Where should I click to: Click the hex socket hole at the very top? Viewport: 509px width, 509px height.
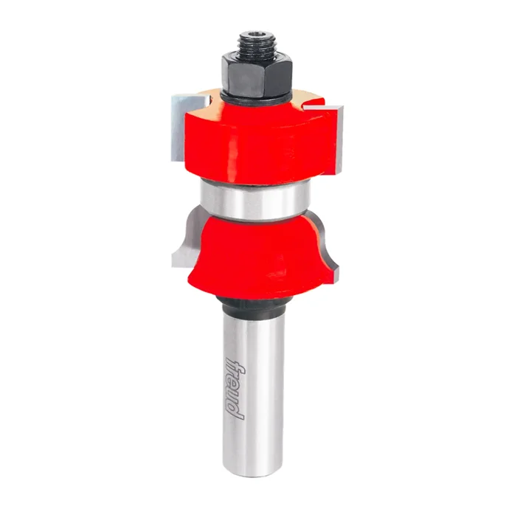[x=257, y=33]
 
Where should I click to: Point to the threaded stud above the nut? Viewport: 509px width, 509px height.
[x=257, y=45]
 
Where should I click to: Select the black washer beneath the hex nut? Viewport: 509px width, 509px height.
[x=254, y=98]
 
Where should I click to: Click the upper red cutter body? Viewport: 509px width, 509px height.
[x=260, y=143]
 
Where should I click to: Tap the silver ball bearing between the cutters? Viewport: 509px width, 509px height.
[x=254, y=200]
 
